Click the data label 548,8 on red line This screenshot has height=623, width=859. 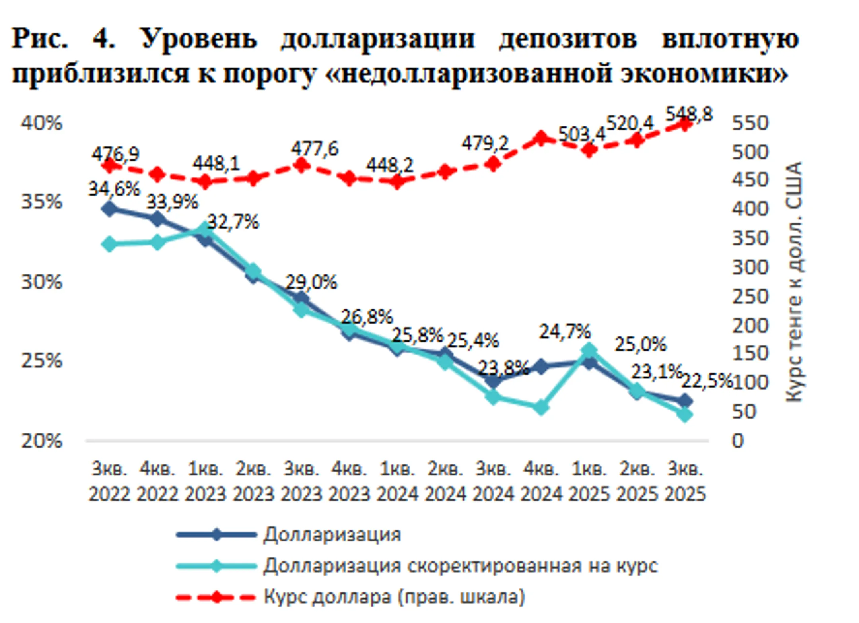689,115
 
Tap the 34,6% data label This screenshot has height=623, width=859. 114,188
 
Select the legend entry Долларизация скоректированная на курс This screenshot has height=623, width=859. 460,565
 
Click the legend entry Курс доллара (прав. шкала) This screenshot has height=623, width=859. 394,597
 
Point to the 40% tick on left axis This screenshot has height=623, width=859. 42,123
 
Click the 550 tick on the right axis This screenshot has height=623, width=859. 750,123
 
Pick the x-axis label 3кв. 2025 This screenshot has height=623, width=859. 685,481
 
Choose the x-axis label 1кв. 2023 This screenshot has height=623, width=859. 205,481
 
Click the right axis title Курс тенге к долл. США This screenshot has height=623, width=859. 794,281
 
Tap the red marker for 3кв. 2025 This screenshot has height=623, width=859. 685,124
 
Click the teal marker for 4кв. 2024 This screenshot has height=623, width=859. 541,408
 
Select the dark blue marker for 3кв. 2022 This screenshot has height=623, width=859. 109,209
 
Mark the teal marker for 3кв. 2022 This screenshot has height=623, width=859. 109,244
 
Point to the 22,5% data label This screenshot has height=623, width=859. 706,381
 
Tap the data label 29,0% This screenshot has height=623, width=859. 311,282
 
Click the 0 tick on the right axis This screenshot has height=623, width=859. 738,441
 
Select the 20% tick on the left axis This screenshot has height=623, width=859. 42,441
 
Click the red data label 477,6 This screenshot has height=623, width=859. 314,149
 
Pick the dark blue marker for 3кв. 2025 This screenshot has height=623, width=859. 685,401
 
